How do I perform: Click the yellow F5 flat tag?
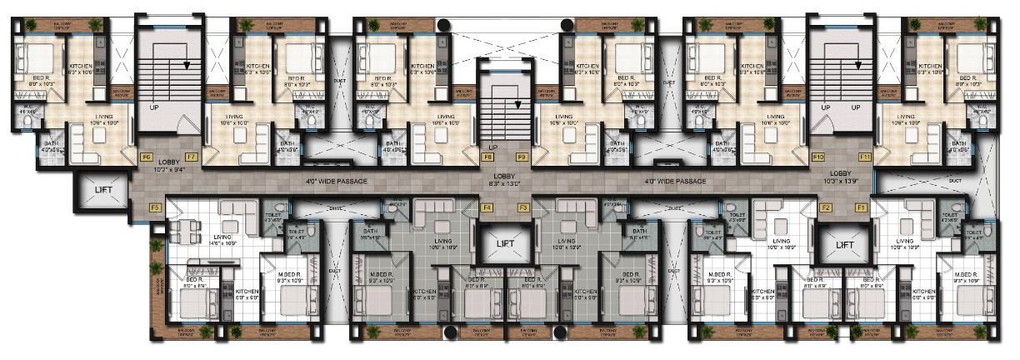154,207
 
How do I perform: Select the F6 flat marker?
146,157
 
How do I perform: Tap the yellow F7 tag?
191,157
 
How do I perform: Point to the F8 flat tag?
488,157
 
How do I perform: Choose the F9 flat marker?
522,157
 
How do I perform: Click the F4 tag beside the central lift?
488,207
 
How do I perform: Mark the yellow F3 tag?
523,207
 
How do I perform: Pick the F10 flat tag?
818,157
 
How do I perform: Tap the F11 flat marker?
865,157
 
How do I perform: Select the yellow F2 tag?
826,207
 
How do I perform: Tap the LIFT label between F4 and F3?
506,244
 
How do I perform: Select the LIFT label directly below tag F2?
844,245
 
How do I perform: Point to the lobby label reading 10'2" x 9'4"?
170,167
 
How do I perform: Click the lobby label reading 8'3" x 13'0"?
506,181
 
